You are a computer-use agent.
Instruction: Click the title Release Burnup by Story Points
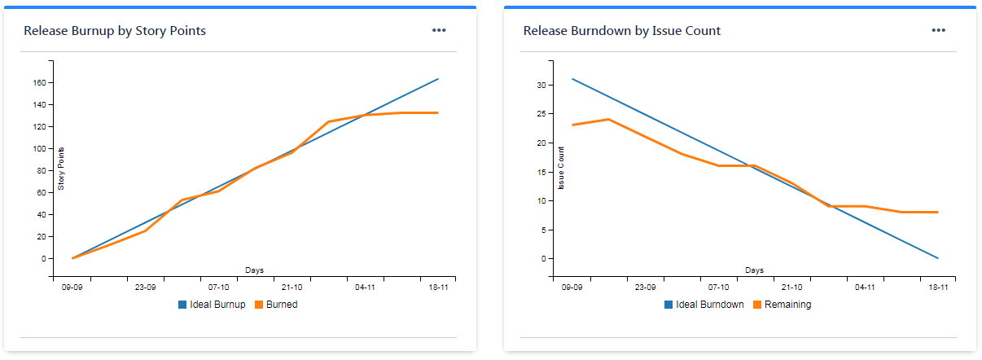(115, 31)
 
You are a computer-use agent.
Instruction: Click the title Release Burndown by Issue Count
(621, 31)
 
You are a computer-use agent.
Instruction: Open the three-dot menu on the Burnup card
(439, 30)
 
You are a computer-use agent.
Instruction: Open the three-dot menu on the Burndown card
(939, 30)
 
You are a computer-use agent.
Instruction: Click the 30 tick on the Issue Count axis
(539, 85)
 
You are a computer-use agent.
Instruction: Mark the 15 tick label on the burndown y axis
(539, 172)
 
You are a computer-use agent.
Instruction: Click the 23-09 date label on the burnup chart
(145, 288)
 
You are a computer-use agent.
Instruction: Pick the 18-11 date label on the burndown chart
(938, 288)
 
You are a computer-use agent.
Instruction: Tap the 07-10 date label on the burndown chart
(718, 288)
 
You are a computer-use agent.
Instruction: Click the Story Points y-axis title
(61, 169)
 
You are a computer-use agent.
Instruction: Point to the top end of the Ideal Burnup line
(438, 79)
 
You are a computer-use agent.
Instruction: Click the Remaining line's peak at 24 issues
(608, 120)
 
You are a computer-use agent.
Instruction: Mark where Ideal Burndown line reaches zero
(938, 258)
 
